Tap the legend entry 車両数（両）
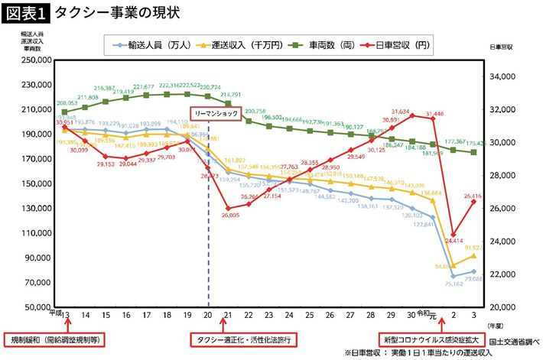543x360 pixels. [327, 45]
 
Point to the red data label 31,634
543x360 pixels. [410, 111]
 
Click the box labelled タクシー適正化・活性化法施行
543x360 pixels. [243, 339]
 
